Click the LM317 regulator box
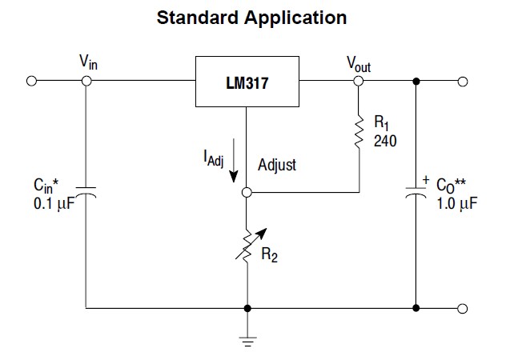pos(247,82)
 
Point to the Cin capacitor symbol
pos(86,193)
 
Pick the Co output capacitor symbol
pos(416,194)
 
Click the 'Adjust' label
pos(276,165)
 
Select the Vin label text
pos(89,62)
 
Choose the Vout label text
pos(358,64)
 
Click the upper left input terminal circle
pos(32,81)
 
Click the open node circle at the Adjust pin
pos(247,193)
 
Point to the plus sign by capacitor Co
pos(426,181)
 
